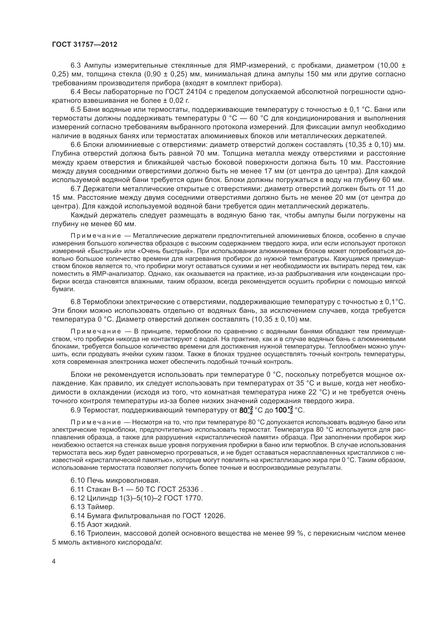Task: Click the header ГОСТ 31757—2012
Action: [x=85, y=45]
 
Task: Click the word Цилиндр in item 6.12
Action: [x=98, y=498]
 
